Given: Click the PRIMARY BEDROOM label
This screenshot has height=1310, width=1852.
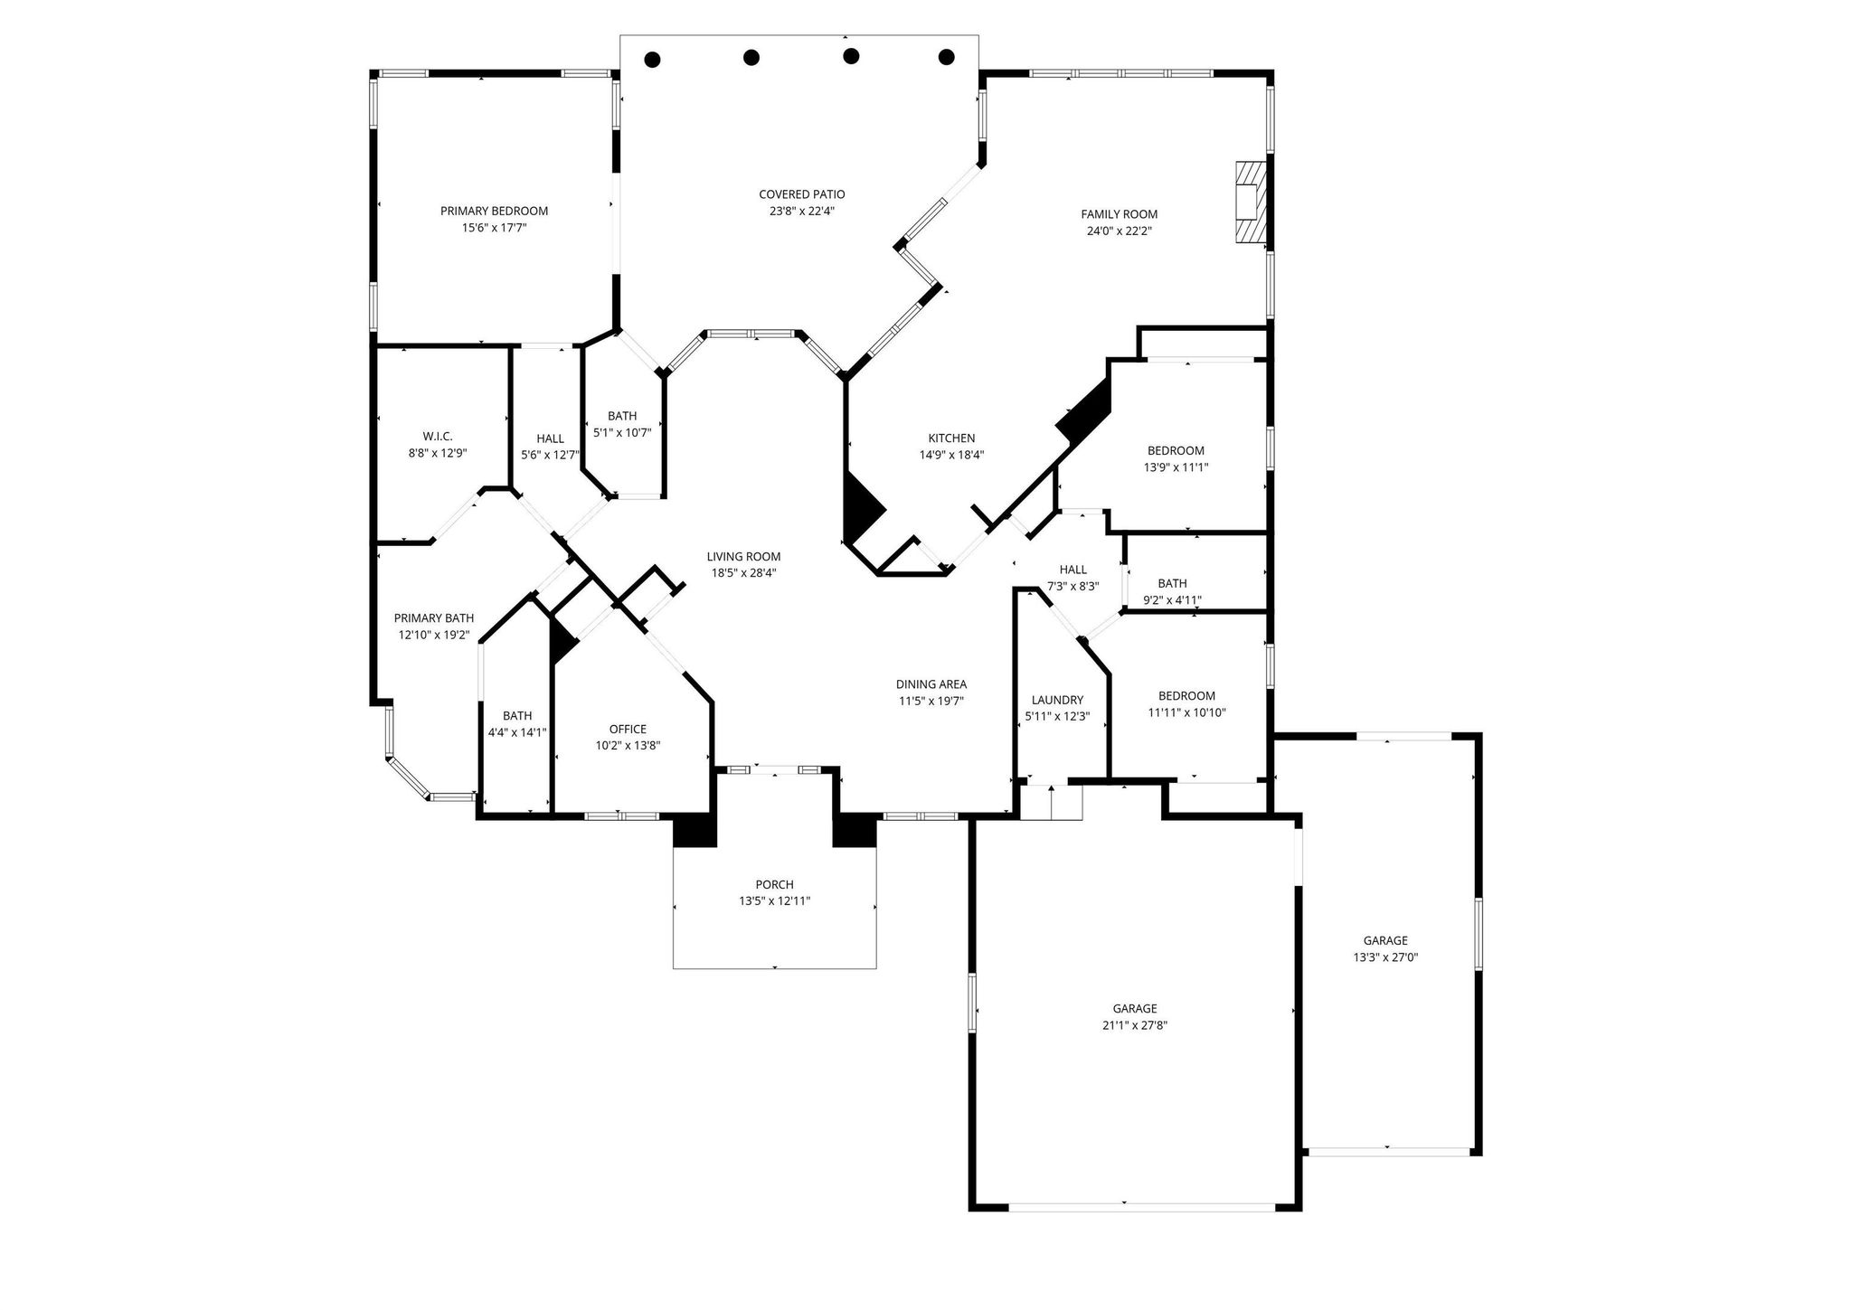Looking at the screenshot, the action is pos(494,211).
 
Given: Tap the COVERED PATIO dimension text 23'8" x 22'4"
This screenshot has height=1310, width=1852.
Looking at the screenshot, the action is pos(801,212).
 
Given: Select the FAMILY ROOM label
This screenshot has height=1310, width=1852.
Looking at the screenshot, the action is pos(1120,214).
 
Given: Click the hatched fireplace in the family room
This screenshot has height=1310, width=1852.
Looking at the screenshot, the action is pos(1250,203).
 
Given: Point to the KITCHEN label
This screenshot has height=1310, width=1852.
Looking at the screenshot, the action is pos(951,438).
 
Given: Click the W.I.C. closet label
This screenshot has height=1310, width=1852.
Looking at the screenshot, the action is pos(438,437).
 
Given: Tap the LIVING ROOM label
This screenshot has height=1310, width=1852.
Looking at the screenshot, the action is pos(743,557).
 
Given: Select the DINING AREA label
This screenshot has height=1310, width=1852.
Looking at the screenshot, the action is pos(931,684).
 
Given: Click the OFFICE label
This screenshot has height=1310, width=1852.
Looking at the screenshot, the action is pos(628,730).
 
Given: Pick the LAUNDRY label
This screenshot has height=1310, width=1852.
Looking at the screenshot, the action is pos(1057,700).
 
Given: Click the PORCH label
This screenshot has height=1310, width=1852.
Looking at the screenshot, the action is pos(774,884).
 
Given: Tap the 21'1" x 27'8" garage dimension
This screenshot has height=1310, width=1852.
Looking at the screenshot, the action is pos(1135,1025).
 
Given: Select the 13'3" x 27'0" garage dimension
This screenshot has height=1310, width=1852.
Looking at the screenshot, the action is pos(1385,957).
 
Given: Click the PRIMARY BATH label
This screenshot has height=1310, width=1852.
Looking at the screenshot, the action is pos(434,618).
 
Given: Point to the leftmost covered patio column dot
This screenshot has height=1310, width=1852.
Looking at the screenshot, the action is pos(652,60).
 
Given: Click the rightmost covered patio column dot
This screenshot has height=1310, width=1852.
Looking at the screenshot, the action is pos(947,57).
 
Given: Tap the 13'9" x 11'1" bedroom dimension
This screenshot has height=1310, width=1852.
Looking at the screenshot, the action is pos(1176,467).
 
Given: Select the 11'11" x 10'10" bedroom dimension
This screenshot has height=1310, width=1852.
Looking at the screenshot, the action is pos(1186,712).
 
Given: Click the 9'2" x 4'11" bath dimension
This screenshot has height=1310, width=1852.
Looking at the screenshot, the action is pos(1172,600).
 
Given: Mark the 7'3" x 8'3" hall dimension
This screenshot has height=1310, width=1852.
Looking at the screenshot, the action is pos(1072,586).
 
